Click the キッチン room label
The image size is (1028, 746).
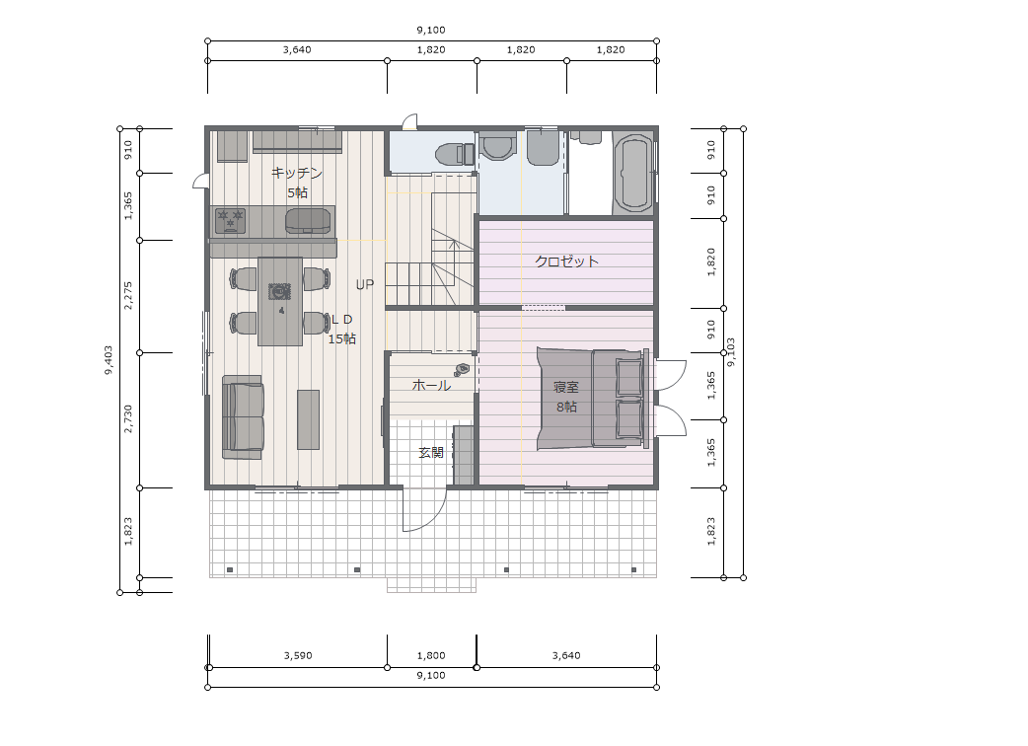(x=297, y=173)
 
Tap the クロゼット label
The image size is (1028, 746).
(x=566, y=261)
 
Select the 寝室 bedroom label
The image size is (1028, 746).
(x=566, y=388)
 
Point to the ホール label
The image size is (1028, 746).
(x=431, y=386)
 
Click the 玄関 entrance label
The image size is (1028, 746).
(x=431, y=452)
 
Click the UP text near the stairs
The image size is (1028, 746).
(x=365, y=284)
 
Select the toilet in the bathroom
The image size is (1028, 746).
(x=456, y=155)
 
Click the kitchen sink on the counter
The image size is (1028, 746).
(x=309, y=220)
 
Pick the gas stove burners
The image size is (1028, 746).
(x=231, y=220)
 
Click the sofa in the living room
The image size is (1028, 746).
(x=244, y=417)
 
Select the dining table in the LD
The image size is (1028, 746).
(x=280, y=301)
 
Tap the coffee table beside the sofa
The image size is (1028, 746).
(x=308, y=419)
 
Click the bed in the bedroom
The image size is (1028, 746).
(x=593, y=399)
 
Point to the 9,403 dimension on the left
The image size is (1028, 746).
(x=109, y=360)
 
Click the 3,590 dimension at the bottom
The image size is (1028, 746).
(x=298, y=655)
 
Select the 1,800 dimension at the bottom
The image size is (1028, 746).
(x=431, y=655)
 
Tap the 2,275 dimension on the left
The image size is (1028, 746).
(x=128, y=296)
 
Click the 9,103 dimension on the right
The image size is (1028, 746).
(x=731, y=352)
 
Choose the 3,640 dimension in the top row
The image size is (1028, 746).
(x=297, y=49)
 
